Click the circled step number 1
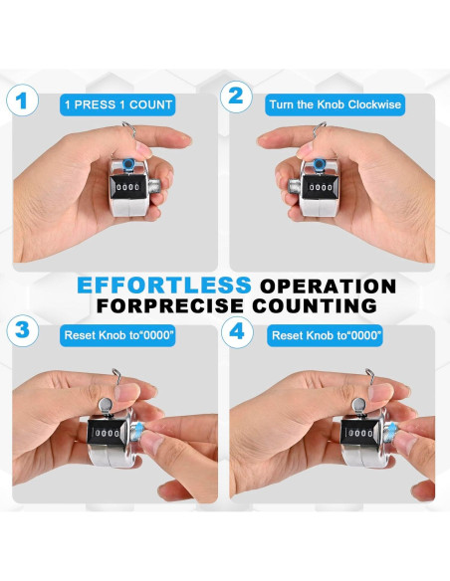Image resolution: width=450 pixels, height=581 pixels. point(22,100)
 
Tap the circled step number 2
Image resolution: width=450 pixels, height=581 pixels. point(236,97)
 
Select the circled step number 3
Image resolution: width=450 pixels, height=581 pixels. point(23,330)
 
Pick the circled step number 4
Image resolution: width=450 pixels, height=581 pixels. point(237,331)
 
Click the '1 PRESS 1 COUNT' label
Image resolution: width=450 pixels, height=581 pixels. point(117,104)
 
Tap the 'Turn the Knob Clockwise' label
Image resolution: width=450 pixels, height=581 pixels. point(336,104)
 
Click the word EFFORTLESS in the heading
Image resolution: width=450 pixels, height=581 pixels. point(164,286)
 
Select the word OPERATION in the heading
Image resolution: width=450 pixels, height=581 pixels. point(329,287)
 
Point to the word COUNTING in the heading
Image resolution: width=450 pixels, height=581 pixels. point(315,305)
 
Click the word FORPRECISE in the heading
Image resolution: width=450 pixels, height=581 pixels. point(170,305)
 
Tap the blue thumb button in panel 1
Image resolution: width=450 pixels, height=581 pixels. point(128,163)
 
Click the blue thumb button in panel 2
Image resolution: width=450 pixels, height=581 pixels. point(319,164)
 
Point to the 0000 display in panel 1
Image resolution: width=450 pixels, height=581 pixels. point(127,187)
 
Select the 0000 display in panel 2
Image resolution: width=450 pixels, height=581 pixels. point(321,187)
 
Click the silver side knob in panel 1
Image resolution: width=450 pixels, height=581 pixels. point(154,187)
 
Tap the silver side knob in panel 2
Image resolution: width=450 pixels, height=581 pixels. point(295,187)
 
